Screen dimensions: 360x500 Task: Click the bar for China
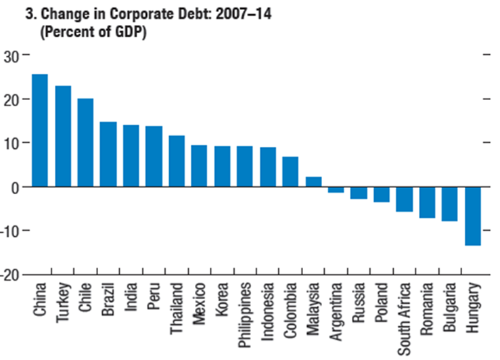pos(40,131)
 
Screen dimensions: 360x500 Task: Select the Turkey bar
pos(63,136)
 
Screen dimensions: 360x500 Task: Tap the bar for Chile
pos(85,143)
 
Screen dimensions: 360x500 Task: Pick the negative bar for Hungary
pos(473,216)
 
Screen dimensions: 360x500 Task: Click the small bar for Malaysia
pos(313,182)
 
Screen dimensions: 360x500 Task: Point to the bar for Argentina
pos(336,189)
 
